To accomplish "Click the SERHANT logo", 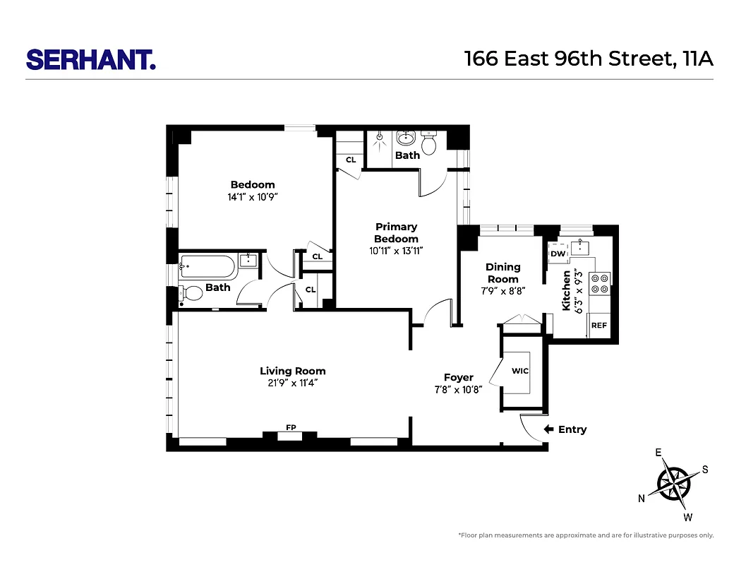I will pyautogui.click(x=90, y=59).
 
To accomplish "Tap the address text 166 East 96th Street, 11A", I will pyautogui.click(x=589, y=59).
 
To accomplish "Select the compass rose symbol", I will pyautogui.click(x=675, y=484).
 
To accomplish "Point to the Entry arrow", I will pyautogui.click(x=549, y=429).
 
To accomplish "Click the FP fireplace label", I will pyautogui.click(x=290, y=427).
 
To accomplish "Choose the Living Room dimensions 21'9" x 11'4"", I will pyautogui.click(x=292, y=383).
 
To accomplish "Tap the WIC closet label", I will pyautogui.click(x=520, y=371).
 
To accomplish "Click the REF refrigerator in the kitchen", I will pyautogui.click(x=598, y=326).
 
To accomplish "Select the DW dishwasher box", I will pyautogui.click(x=558, y=254).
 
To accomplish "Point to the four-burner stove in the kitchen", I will pyautogui.click(x=599, y=283).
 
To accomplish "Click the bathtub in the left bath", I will pyautogui.click(x=207, y=267).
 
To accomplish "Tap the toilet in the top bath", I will pyautogui.click(x=429, y=143).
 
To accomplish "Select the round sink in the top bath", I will pyautogui.click(x=406, y=137).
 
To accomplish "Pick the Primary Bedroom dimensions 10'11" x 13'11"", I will pyautogui.click(x=396, y=250).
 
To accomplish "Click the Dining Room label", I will pyautogui.click(x=503, y=273).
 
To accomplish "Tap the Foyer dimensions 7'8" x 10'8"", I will pyautogui.click(x=458, y=389).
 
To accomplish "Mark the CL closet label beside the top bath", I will pyautogui.click(x=350, y=160).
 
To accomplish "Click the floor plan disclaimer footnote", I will pyautogui.click(x=586, y=535).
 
